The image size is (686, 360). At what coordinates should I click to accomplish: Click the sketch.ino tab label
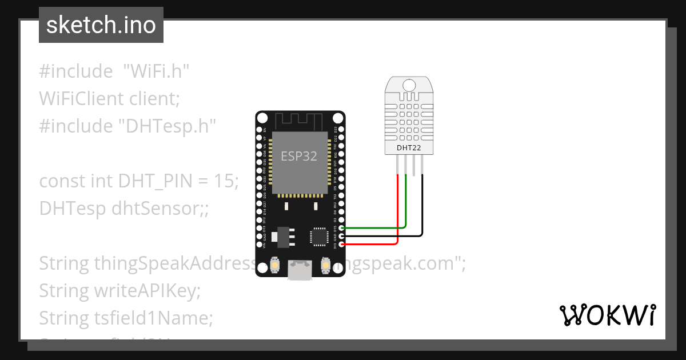(101, 25)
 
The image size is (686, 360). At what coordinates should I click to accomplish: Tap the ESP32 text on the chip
(298, 156)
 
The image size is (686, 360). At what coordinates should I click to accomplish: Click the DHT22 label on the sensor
(408, 148)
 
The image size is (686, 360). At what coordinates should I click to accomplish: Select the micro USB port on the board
(300, 270)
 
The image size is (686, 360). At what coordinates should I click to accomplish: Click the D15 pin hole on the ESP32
(341, 228)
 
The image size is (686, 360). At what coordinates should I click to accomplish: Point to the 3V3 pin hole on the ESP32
(341, 245)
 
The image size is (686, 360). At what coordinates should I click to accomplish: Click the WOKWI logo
(607, 315)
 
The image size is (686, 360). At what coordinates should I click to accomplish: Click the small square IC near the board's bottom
(318, 237)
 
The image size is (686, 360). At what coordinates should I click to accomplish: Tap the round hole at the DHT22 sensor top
(409, 85)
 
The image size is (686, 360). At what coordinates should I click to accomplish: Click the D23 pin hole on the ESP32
(341, 130)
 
